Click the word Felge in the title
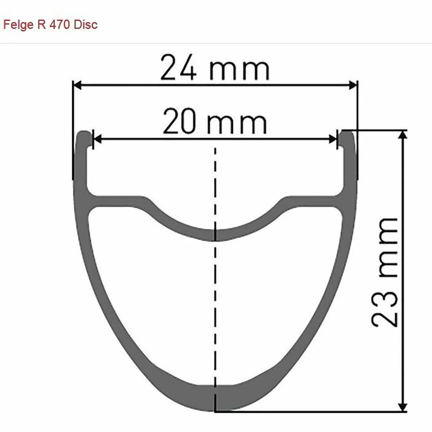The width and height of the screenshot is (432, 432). [18, 25]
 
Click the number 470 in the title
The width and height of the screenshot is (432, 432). [59, 24]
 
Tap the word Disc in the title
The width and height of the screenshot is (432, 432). [86, 24]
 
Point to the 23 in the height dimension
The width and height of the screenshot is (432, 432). [384, 309]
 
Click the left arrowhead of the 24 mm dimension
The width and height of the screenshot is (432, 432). [78, 85]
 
